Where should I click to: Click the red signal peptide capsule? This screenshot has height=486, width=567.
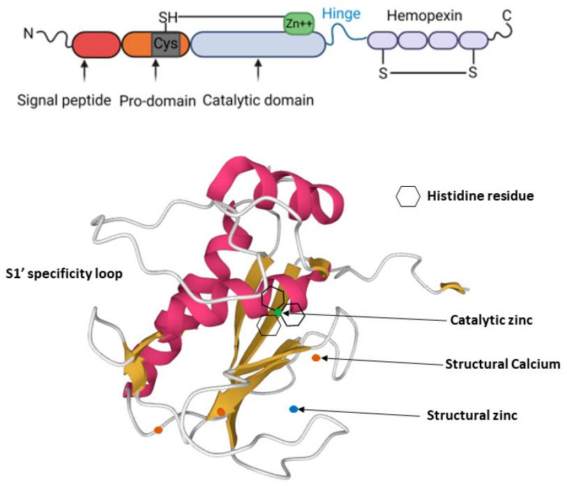pyautogui.click(x=96, y=45)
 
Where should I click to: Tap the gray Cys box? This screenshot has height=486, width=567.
pyautogui.click(x=165, y=44)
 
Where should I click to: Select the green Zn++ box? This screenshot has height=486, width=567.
pyautogui.click(x=299, y=24)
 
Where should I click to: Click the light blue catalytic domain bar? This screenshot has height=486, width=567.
pyautogui.click(x=258, y=44)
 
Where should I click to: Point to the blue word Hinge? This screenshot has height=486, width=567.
pyautogui.click(x=341, y=14)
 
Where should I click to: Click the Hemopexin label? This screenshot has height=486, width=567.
pyautogui.click(x=425, y=15)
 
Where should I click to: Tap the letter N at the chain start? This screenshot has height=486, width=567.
pyautogui.click(x=28, y=33)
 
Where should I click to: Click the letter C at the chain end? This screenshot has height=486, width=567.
pyautogui.click(x=507, y=15)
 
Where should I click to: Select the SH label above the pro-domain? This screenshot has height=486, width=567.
pyautogui.click(x=168, y=17)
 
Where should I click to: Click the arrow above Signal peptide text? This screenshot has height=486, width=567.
pyautogui.click(x=84, y=71)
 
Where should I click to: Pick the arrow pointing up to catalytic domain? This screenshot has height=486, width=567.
pyautogui.click(x=258, y=70)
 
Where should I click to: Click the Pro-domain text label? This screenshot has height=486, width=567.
pyautogui.click(x=158, y=101)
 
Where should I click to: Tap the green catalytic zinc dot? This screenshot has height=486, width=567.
pyautogui.click(x=278, y=312)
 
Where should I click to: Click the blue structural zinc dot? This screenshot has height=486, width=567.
pyautogui.click(x=294, y=409)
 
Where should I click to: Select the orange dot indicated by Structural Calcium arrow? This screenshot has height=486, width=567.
pyautogui.click(x=316, y=358)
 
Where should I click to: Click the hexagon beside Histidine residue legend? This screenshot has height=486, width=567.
pyautogui.click(x=408, y=197)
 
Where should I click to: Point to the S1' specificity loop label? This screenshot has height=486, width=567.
pyautogui.click(x=64, y=274)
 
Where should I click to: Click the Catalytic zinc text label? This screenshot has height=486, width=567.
pyautogui.click(x=492, y=320)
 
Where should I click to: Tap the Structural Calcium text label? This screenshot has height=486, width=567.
pyautogui.click(x=503, y=364)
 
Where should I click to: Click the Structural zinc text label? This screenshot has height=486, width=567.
pyautogui.click(x=472, y=415)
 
